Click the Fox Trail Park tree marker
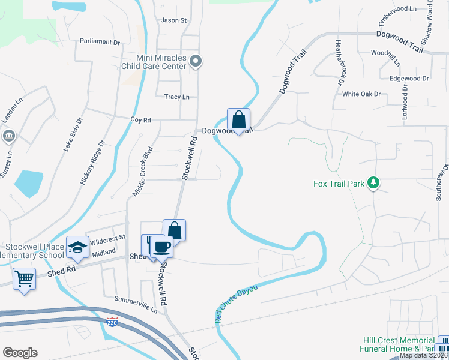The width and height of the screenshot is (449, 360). click(x=373, y=182)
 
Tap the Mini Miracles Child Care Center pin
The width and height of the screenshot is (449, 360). click(x=196, y=61)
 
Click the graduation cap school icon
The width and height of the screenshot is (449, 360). click(x=78, y=247)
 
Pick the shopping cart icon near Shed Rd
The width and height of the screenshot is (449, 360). click(x=24, y=278)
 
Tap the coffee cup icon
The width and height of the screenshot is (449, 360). click(x=161, y=246)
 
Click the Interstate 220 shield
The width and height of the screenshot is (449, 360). click(x=112, y=322)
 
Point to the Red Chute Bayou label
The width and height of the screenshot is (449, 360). click(x=236, y=305)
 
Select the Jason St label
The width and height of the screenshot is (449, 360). click(x=174, y=20)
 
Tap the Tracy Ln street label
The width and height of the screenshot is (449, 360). click(x=176, y=97)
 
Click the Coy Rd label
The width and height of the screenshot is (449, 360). click(x=140, y=119)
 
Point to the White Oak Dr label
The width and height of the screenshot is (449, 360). click(x=361, y=94)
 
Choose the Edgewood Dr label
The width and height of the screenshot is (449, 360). click(x=409, y=79)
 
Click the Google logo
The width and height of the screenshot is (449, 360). click(x=20, y=353)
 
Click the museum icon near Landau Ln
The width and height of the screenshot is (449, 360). click(x=9, y=137)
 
